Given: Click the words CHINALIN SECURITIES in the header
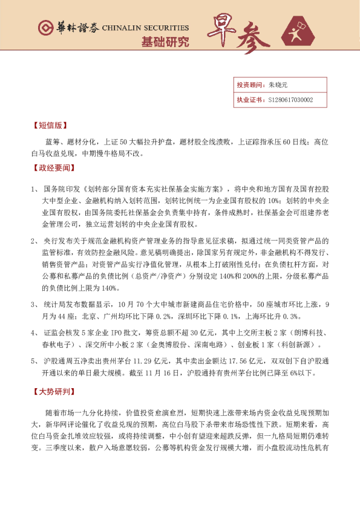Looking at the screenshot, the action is click(x=146, y=28).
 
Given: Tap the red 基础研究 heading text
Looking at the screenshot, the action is click(x=165, y=42).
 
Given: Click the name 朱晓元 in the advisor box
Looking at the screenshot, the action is click(x=278, y=85).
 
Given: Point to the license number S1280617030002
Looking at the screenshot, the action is click(x=290, y=100).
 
